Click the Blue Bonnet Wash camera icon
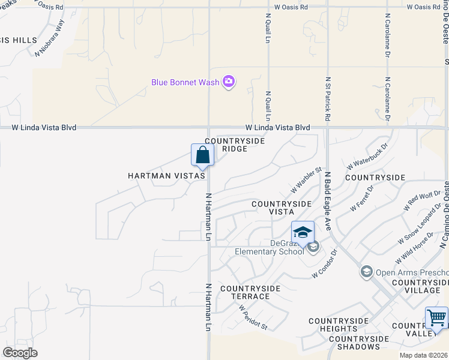point(228,82)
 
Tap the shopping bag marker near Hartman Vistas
point(203,155)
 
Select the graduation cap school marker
point(303,232)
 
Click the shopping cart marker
point(436,317)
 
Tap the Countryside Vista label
point(282,208)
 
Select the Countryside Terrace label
point(250,292)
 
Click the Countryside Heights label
point(339,325)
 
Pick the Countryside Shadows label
point(354,343)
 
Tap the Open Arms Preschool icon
point(366,272)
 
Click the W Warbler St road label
point(307,181)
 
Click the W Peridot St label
point(253,317)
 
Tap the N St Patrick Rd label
point(328,99)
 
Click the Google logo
point(20,352)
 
